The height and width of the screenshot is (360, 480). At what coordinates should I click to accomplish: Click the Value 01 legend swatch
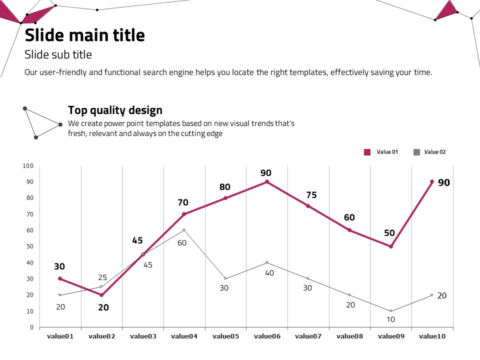click(367, 152)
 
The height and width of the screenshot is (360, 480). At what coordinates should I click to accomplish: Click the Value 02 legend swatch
click(416, 152)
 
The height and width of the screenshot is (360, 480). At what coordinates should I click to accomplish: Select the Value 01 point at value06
click(267, 182)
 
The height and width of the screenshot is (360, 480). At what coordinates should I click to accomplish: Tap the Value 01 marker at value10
click(432, 182)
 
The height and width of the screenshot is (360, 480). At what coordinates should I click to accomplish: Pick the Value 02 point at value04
click(184, 230)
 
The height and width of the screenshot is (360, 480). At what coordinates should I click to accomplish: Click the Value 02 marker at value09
click(391, 311)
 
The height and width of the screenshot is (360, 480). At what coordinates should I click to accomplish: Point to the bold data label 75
click(311, 195)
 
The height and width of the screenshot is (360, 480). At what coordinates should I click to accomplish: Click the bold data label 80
click(225, 187)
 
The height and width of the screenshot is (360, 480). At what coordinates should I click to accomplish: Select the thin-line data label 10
click(390, 319)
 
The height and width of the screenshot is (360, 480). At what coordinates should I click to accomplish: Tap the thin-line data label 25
click(102, 277)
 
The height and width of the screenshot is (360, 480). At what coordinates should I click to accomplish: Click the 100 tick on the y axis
click(28, 166)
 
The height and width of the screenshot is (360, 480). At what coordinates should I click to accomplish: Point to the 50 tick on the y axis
click(29, 246)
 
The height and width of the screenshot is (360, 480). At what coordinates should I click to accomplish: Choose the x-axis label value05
click(225, 336)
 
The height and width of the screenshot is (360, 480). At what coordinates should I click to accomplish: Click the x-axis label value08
click(349, 336)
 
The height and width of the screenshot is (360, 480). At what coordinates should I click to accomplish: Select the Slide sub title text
click(58, 54)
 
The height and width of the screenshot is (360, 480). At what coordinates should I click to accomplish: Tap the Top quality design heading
click(115, 110)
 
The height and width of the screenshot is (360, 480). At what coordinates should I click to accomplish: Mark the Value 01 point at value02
click(101, 295)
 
